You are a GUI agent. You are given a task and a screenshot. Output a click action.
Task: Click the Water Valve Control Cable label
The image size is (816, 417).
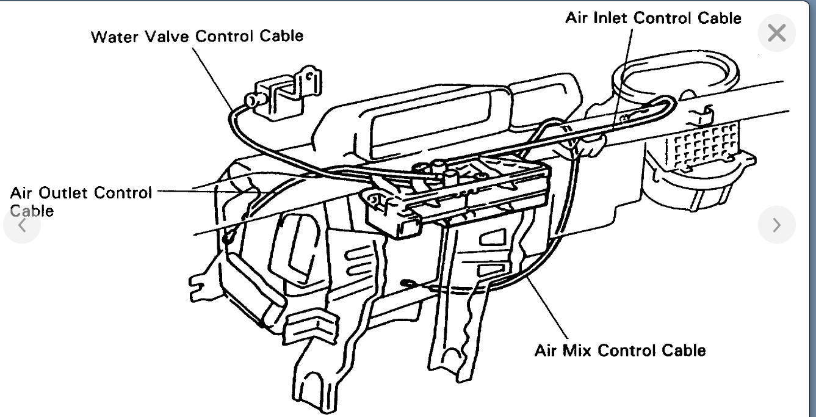[197, 36]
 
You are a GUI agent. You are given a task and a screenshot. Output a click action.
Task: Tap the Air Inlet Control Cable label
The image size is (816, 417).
[653, 18]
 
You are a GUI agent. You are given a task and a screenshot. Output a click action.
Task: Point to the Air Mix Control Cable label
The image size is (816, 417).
[619, 350]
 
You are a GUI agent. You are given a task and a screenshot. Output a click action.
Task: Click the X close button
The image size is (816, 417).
[776, 32]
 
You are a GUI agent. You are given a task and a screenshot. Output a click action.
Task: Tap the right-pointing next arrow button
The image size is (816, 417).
[776, 225]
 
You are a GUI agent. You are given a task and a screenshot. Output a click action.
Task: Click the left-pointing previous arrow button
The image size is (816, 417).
[22, 225]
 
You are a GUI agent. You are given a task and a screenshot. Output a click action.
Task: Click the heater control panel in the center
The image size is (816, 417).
[452, 192]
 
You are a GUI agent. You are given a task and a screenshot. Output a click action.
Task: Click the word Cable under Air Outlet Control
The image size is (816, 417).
[32, 211]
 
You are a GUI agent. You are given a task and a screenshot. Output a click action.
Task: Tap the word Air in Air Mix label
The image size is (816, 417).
[544, 350]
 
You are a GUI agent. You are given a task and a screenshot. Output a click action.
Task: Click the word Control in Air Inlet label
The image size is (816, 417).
[665, 18]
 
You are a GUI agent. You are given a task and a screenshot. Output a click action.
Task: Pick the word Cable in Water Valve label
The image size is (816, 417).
[280, 36]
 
